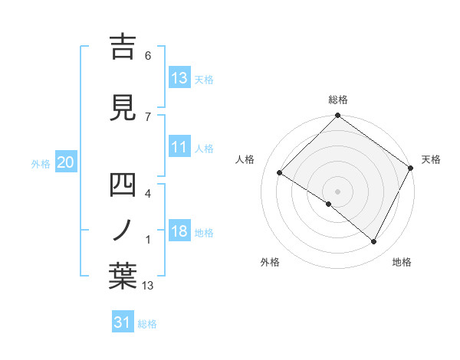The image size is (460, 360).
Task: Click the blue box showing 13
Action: click(x=179, y=78)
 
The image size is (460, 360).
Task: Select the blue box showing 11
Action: click(x=179, y=147)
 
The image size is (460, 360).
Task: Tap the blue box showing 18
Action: click(x=179, y=232)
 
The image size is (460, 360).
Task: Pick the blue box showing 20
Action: click(x=66, y=162)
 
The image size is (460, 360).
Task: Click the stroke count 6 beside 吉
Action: click(x=148, y=56)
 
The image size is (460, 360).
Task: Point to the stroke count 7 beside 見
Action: click(x=148, y=116)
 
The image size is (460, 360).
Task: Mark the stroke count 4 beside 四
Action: click(x=148, y=194)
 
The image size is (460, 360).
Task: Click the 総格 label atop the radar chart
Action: click(x=338, y=100)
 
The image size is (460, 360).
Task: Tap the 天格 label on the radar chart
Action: click(x=431, y=159)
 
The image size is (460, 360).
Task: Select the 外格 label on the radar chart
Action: click(x=270, y=262)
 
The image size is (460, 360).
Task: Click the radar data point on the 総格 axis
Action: click(x=338, y=116)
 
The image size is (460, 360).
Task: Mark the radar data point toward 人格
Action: click(x=280, y=172)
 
